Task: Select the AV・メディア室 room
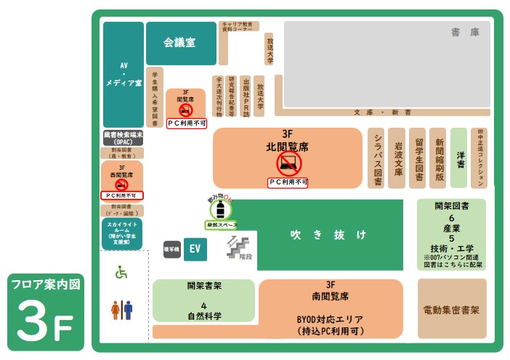123,74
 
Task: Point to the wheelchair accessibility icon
121,273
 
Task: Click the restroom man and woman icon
121,311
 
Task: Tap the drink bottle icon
220,209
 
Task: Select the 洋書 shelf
458,159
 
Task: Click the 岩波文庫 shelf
397,159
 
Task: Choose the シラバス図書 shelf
377,159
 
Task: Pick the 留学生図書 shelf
417,159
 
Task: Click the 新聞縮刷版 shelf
438,159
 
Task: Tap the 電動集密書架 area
451,309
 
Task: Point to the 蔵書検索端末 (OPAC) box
123,138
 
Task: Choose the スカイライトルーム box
122,234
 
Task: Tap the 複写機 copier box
171,248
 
